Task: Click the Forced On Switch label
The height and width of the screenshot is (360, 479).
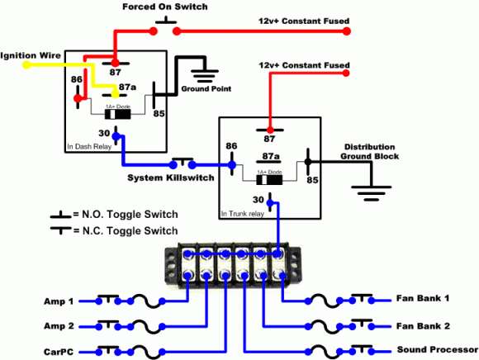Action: pos(164,7)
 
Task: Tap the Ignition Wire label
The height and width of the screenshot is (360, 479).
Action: pos(25,55)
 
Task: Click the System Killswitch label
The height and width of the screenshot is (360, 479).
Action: pos(170,178)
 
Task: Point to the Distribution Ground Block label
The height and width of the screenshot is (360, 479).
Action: pos(371,152)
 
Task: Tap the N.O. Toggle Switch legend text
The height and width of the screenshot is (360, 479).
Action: pos(126,214)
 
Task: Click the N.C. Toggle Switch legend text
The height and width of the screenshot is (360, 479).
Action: pos(126,231)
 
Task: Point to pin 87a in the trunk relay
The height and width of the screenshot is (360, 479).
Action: pos(269,154)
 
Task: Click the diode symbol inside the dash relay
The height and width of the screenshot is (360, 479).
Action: pos(115,114)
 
